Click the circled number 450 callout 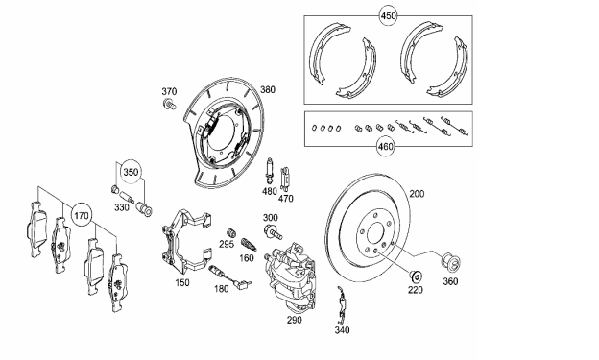(388, 16)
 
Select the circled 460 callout (385, 146)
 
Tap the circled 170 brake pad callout (82, 216)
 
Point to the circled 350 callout (131, 172)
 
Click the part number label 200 (417, 194)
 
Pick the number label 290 (294, 320)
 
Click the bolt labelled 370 (169, 104)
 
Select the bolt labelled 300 (274, 231)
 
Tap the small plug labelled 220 (416, 276)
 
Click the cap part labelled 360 (451, 262)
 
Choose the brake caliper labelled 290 (291, 276)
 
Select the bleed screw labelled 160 (249, 245)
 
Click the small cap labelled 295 (230, 232)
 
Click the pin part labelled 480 (270, 171)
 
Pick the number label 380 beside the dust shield (268, 90)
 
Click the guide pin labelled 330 (127, 197)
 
